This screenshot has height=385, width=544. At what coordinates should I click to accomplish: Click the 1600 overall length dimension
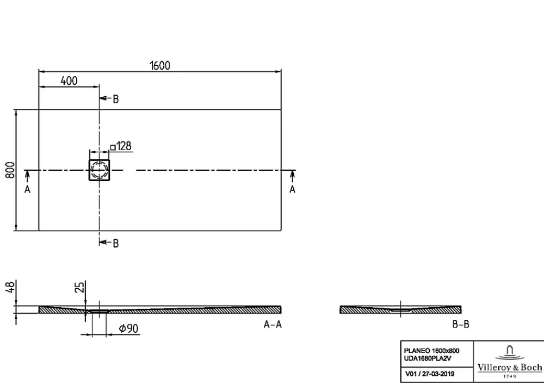[160, 65]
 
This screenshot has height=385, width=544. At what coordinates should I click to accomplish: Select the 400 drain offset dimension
[69, 81]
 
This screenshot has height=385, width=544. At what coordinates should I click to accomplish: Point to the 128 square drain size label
[121, 146]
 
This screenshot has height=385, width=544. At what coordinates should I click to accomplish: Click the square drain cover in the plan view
[99, 170]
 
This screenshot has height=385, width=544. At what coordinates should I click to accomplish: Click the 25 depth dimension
[80, 287]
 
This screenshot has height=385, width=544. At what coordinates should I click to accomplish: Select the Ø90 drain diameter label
[129, 328]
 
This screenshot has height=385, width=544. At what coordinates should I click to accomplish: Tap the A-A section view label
[273, 324]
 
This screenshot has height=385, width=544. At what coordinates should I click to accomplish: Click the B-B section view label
[461, 324]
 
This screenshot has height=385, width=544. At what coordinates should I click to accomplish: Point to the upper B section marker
[115, 99]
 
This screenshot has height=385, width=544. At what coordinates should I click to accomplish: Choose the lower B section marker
[115, 244]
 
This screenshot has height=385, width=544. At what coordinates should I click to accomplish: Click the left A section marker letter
[27, 189]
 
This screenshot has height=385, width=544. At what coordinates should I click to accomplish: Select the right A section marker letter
[293, 189]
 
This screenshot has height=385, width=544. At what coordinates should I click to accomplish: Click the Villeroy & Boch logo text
[510, 367]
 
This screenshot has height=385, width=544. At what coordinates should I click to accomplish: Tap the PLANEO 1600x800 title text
[431, 351]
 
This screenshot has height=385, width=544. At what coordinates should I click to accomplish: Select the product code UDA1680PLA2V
[428, 359]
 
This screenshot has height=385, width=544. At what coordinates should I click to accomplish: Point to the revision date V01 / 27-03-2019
[430, 374]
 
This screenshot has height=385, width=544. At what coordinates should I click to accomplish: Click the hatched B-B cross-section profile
[400, 309]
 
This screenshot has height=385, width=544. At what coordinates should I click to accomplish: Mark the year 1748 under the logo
[510, 376]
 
